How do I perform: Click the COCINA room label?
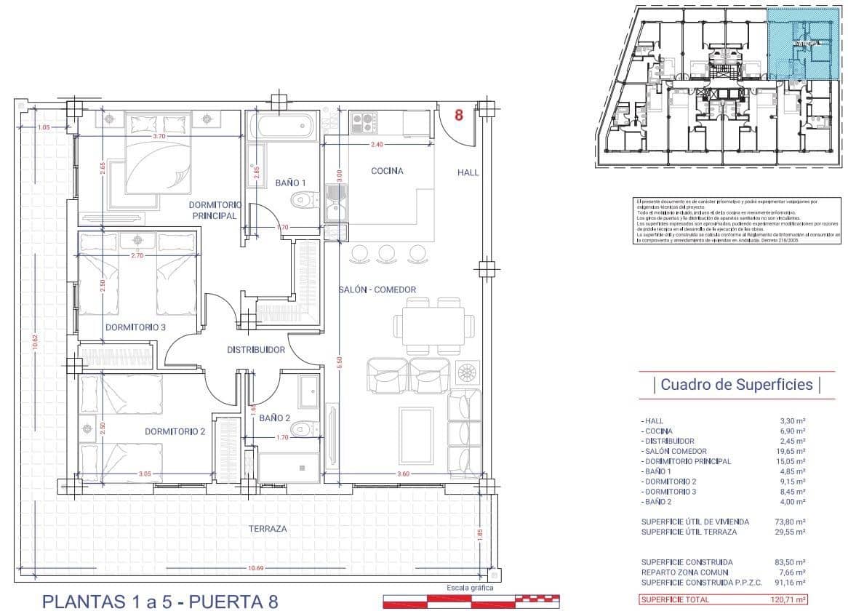click(x=387, y=171)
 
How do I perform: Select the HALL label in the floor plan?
click(x=468, y=172)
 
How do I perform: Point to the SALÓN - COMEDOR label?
click(x=377, y=289)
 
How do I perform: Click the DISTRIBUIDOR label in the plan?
click(x=256, y=350)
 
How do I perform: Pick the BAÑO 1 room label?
click(x=290, y=182)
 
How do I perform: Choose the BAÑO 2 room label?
click(x=274, y=418)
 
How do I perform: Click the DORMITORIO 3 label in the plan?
click(x=135, y=327)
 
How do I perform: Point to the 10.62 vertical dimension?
click(x=34, y=341)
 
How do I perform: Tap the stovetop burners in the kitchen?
click(x=361, y=122)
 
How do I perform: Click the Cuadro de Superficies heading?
click(x=736, y=384)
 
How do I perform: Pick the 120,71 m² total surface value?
click(x=789, y=599)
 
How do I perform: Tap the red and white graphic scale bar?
click(x=471, y=601)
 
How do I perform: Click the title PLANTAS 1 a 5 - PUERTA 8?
click(x=160, y=602)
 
